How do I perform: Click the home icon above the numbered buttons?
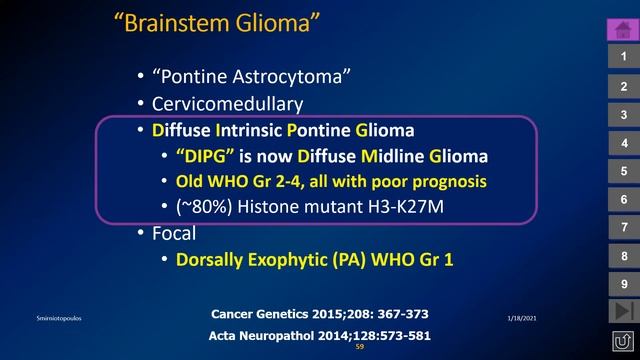pyautogui.click(x=622, y=29)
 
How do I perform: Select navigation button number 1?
pyautogui.click(x=622, y=58)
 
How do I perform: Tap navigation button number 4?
pyautogui.click(x=622, y=143)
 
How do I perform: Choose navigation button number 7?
pyautogui.click(x=622, y=228)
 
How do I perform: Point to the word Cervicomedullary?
pyautogui.click(x=227, y=103)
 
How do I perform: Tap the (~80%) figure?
pyautogui.click(x=204, y=209)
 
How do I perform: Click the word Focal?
pyautogui.click(x=174, y=235)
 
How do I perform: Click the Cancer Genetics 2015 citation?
pyautogui.click(x=320, y=314)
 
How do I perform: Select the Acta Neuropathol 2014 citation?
pyautogui.click(x=320, y=335)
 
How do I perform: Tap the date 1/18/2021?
pyautogui.click(x=522, y=316)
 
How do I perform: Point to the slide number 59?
pyautogui.click(x=359, y=347)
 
